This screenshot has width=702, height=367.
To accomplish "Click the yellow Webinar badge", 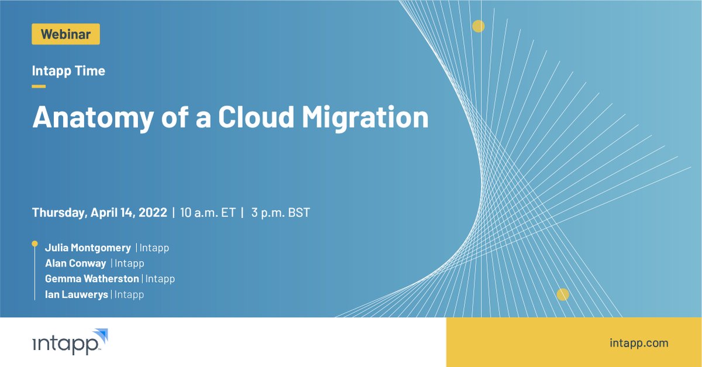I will [x=66, y=34].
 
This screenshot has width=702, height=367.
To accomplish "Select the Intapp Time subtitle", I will [x=68, y=71].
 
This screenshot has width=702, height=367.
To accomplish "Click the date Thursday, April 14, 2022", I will [x=99, y=212].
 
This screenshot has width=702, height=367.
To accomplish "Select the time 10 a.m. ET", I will [x=207, y=212].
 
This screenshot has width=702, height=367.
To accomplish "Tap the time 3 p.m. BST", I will [x=280, y=212].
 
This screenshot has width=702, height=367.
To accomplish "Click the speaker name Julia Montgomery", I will [x=88, y=248].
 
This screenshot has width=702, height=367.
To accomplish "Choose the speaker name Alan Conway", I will [x=75, y=263].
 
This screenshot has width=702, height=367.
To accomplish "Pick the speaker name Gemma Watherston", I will [x=92, y=279].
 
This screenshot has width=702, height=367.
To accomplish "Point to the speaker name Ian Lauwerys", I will [x=76, y=294].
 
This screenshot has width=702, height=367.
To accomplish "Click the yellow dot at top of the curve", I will [x=479, y=26].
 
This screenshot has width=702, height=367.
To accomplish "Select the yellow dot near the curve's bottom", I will [x=563, y=294].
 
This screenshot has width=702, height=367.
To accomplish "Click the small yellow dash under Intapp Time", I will [x=39, y=86].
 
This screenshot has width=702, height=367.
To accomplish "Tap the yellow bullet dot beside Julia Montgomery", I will [x=35, y=243].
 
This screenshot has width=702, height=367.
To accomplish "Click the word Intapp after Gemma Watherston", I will [x=160, y=279].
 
